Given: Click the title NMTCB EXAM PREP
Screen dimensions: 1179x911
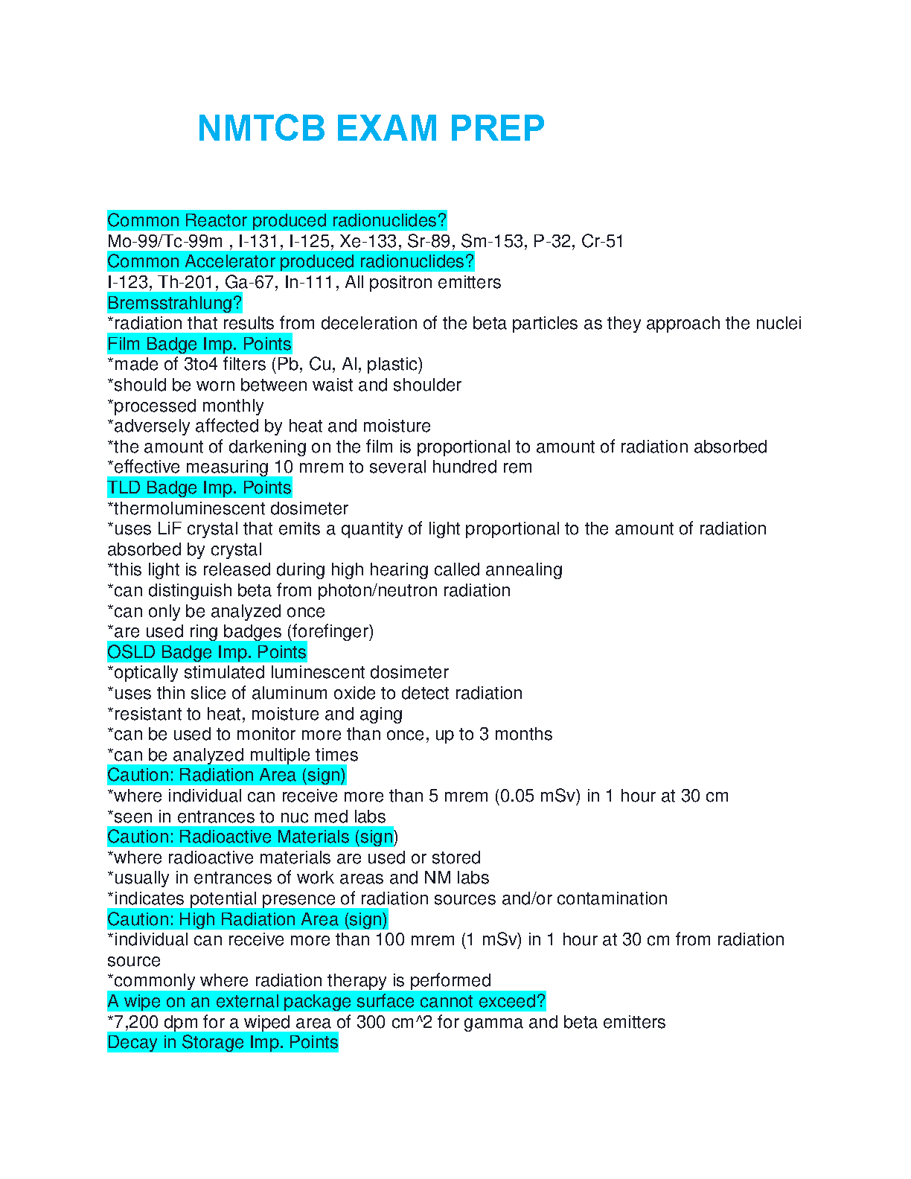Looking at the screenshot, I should [x=371, y=128].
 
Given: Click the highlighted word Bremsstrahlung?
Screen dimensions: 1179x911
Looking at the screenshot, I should [x=175, y=303].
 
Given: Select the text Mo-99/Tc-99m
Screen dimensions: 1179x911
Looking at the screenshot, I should [x=164, y=241].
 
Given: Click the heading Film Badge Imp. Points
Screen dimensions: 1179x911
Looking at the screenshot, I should [x=199, y=344].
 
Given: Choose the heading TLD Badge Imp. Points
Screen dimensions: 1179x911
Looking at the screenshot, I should [x=199, y=488].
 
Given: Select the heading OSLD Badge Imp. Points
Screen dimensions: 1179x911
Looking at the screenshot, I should [x=207, y=652].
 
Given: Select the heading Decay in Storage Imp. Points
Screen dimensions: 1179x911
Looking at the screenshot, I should [x=223, y=1042].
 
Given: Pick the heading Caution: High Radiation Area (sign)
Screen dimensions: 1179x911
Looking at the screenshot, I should [x=247, y=919].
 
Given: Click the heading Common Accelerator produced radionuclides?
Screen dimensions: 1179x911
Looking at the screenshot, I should [x=290, y=261].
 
